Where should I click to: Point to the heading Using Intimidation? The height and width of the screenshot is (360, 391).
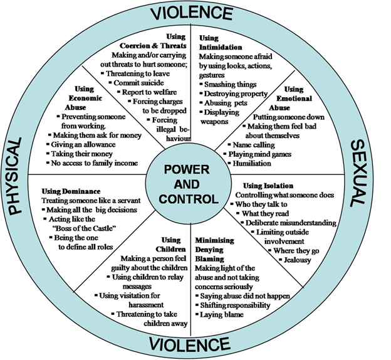tap(220, 43)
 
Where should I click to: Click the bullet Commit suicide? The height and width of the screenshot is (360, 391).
tap(139, 83)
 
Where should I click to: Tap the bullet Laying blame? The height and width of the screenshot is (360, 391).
tap(222, 314)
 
